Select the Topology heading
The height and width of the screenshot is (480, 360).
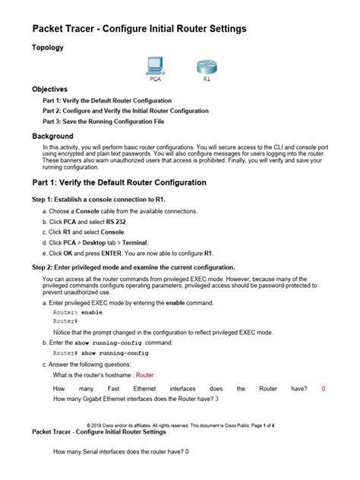click(x=47, y=47)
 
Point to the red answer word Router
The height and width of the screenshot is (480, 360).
click(x=144, y=375)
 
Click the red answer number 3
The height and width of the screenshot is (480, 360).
click(x=217, y=399)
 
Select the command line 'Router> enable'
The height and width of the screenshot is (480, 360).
click(x=77, y=312)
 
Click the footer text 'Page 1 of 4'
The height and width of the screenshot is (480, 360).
click(x=269, y=426)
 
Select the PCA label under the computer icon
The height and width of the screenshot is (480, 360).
click(x=154, y=77)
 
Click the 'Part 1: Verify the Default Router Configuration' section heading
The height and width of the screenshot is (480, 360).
click(x=118, y=183)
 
